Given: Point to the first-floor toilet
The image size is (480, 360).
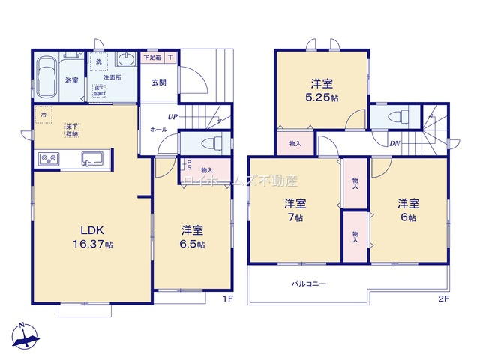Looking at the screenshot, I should (207, 143).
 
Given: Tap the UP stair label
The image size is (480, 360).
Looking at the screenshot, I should (173, 117).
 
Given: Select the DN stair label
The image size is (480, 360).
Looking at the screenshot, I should (394, 144).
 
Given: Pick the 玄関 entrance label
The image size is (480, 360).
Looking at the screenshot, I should (158, 83).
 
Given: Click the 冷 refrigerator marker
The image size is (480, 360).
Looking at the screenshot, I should (43, 115).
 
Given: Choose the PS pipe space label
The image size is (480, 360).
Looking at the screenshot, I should (188, 165).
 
